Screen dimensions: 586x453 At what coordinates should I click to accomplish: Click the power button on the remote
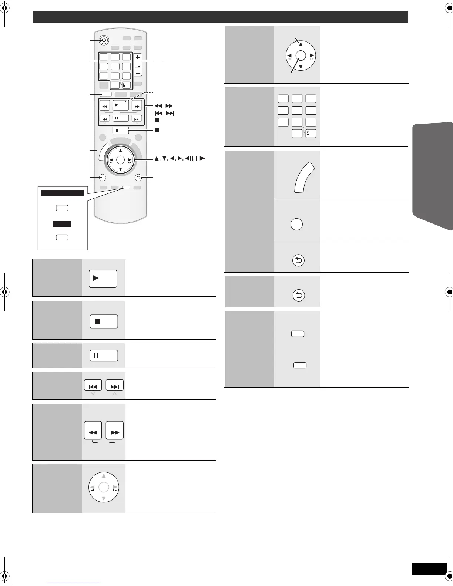[x=104, y=40]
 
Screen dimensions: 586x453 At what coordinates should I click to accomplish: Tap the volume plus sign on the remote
[x=138, y=58]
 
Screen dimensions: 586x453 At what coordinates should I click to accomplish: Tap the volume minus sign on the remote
[x=138, y=74]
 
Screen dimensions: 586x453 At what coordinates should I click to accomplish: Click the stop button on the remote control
[x=121, y=130]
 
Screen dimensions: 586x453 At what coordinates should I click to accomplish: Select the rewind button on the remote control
[x=104, y=107]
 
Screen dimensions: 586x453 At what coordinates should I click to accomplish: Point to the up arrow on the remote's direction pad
[x=120, y=151]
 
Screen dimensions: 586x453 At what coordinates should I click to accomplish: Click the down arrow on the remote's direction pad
[x=120, y=169]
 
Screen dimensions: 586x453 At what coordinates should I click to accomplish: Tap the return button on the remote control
[x=138, y=178]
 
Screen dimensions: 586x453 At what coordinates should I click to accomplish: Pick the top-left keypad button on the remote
[x=104, y=57]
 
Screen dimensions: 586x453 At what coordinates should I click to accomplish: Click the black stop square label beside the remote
[x=157, y=130]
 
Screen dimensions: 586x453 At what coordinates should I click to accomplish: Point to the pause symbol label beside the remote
[x=157, y=120]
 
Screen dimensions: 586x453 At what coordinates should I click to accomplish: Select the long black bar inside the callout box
[x=63, y=193]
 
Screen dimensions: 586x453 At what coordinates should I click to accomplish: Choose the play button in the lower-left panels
[x=103, y=279]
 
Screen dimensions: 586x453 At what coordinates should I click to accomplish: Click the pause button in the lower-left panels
[x=104, y=356]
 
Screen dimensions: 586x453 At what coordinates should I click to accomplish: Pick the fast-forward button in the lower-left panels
[x=115, y=431]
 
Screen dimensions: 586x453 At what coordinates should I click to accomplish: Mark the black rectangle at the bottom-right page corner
[x=429, y=569]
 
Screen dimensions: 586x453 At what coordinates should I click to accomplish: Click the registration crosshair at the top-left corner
[x=4, y=10]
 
